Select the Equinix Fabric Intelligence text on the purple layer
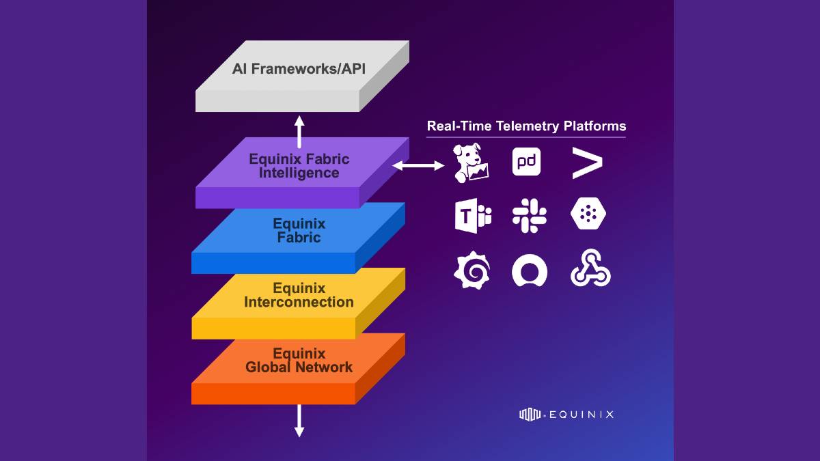tap(299, 166)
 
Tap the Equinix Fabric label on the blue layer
tap(299, 231)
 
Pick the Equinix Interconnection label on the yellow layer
tap(299, 295)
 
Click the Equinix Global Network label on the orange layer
tap(299, 360)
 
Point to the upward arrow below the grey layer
tap(299, 131)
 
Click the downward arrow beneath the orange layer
tap(299, 421)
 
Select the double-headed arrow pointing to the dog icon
tap(418, 165)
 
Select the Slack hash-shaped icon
tap(529, 216)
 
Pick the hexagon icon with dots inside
tap(588, 216)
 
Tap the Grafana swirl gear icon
tap(471, 270)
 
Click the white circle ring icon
tap(530, 271)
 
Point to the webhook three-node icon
tap(590, 271)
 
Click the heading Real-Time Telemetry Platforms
tap(526, 126)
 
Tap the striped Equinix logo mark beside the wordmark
tap(530, 414)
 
